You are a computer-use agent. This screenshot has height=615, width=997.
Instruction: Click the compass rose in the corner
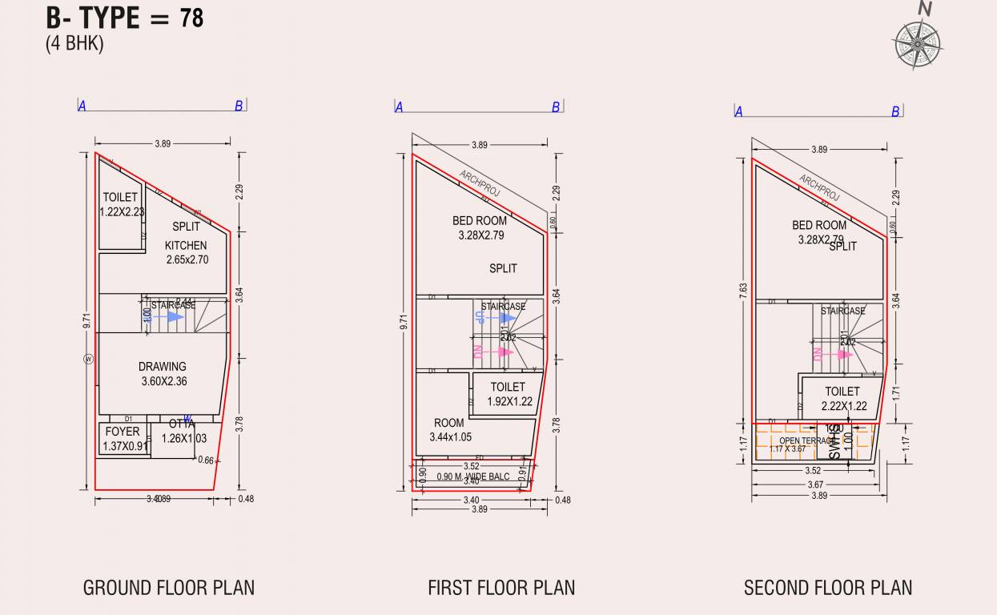[918, 43]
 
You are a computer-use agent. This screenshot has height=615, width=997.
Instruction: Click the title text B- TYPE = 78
[124, 18]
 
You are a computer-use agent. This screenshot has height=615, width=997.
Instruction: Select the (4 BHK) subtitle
[74, 44]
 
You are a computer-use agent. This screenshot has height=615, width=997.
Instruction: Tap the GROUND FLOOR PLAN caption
[169, 588]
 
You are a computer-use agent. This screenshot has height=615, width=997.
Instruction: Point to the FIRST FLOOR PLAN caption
[501, 588]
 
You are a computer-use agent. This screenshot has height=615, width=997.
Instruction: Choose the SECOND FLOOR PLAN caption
[828, 588]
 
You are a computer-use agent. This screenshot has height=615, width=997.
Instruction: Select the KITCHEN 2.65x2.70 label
[187, 252]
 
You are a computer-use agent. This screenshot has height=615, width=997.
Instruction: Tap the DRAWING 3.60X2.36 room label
[163, 374]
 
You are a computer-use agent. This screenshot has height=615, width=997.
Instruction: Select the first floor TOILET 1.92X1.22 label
[509, 394]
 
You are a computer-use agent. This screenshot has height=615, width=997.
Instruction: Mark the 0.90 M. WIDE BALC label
[472, 477]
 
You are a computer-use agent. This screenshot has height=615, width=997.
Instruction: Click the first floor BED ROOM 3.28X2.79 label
[480, 228]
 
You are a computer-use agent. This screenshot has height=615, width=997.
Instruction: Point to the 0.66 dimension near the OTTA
[206, 460]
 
